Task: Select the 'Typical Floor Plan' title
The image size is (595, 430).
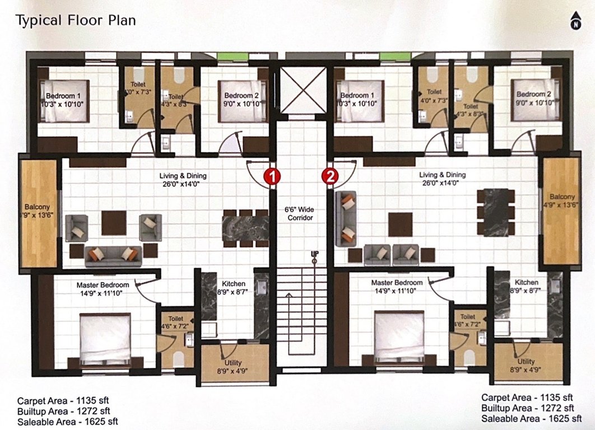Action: pos(75,21)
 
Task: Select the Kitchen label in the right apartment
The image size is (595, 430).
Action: pos(527,283)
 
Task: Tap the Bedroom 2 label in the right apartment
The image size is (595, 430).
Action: pos(534,98)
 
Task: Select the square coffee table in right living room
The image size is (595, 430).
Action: pos(400,224)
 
